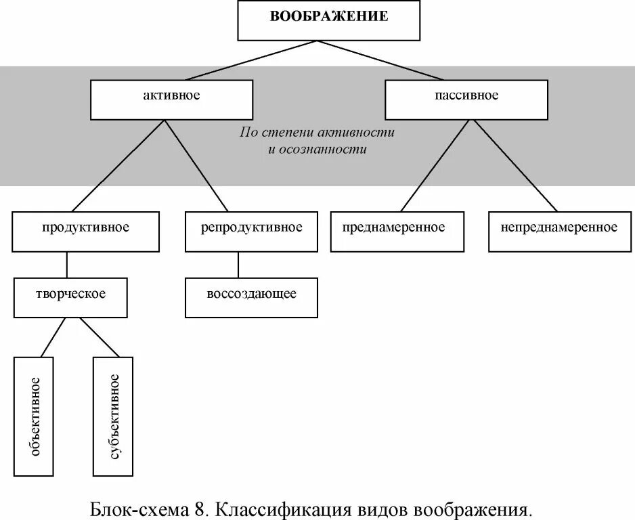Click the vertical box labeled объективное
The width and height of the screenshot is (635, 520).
[33, 416]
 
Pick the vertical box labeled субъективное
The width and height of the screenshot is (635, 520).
[113, 416]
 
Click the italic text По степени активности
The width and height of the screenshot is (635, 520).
[317, 132]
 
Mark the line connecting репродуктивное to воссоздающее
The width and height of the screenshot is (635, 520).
[238, 265]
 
